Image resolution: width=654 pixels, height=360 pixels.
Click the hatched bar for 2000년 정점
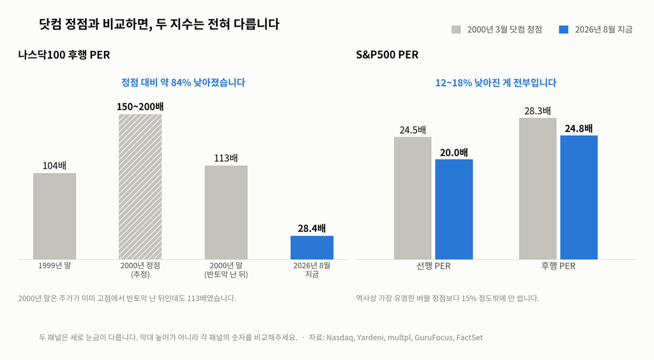(x=140, y=186)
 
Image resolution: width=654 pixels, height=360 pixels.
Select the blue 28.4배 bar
(x=312, y=248)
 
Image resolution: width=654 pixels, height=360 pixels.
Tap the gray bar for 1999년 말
(x=55, y=216)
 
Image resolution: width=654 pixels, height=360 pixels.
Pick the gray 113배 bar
(x=226, y=213)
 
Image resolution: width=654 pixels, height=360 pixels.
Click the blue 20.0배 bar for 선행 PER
(x=454, y=209)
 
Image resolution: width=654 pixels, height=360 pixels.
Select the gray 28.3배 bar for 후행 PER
(x=538, y=189)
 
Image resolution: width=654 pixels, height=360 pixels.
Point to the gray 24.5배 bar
(x=413, y=199)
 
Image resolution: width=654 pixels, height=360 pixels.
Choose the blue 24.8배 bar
(x=579, y=197)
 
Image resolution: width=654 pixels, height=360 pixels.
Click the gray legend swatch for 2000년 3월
(x=456, y=29)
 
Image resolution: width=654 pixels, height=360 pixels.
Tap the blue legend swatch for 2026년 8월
(x=564, y=29)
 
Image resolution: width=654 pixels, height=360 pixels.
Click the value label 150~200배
(x=140, y=107)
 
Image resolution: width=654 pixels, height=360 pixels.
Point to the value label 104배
(x=55, y=166)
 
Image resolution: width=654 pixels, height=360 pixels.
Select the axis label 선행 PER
(x=434, y=266)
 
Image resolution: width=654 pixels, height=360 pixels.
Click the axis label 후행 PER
(x=558, y=266)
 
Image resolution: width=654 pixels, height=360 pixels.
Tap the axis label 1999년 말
(x=55, y=266)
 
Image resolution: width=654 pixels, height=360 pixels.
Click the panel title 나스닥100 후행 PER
(x=64, y=55)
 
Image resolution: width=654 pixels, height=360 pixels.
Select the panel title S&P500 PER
(x=387, y=55)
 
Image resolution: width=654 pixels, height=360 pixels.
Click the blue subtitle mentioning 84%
(x=183, y=82)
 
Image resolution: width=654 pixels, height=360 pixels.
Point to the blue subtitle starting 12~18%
(x=496, y=82)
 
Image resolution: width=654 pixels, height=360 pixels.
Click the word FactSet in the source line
(x=469, y=338)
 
